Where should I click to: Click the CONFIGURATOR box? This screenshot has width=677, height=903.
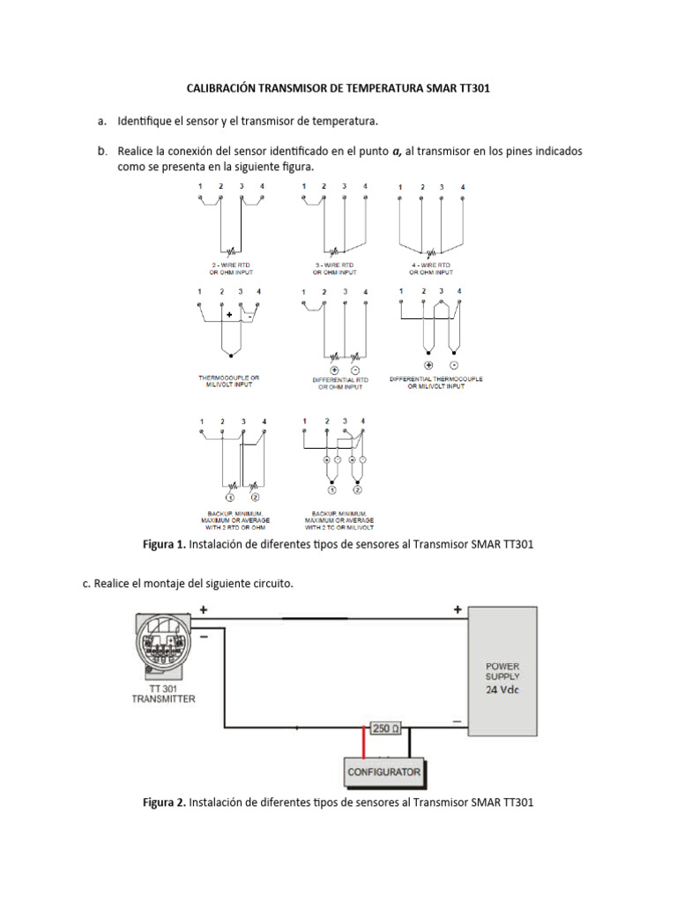[384, 772]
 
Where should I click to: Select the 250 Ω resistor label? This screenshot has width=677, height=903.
[385, 728]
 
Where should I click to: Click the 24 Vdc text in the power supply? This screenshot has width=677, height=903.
[502, 690]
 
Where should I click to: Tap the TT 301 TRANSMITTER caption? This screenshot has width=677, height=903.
[164, 693]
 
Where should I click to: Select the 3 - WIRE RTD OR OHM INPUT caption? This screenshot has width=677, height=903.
[335, 268]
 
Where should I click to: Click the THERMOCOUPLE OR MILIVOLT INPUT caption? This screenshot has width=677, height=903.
[229, 381]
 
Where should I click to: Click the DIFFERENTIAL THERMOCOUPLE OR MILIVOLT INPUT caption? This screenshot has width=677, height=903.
[436, 383]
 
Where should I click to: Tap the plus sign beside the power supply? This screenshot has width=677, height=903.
[458, 608]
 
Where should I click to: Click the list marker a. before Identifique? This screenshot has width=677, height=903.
[103, 119]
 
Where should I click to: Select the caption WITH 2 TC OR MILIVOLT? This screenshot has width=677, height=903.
[338, 526]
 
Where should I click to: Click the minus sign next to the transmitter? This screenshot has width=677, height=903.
[205, 636]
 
